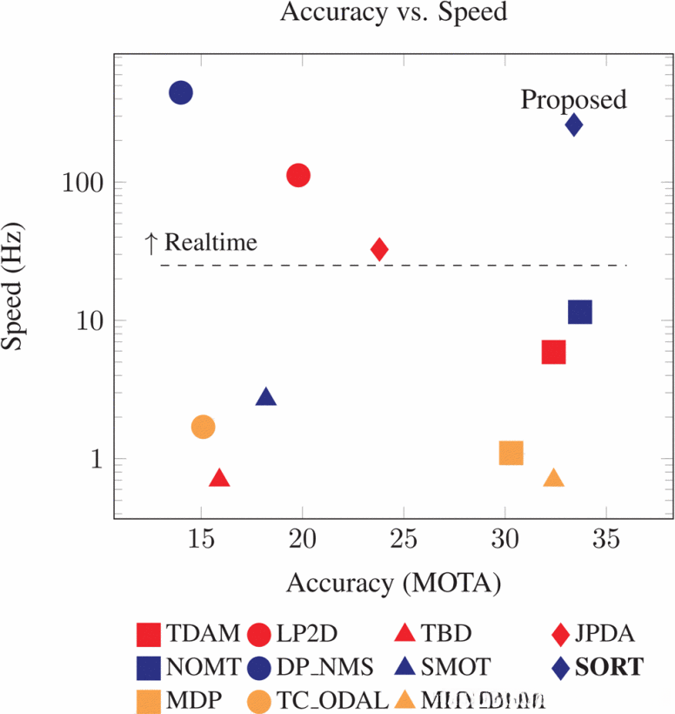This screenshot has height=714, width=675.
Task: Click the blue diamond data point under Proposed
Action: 574,125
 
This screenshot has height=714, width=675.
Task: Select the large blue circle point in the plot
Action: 180,92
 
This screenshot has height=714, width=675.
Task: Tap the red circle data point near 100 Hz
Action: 298,175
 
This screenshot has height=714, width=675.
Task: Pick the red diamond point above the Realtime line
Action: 379,249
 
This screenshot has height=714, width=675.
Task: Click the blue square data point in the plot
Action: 580,312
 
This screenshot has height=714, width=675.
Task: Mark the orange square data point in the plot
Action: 511,453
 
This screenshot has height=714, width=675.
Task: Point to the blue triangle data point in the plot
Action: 266,397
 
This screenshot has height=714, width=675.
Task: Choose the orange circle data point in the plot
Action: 204,427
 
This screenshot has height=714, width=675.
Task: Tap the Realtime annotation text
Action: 202,242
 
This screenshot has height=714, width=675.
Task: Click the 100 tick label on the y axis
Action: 84,184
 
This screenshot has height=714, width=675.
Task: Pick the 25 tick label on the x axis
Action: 404,539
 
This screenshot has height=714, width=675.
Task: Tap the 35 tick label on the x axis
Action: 606,539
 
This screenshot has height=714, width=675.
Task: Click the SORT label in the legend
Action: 613,667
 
